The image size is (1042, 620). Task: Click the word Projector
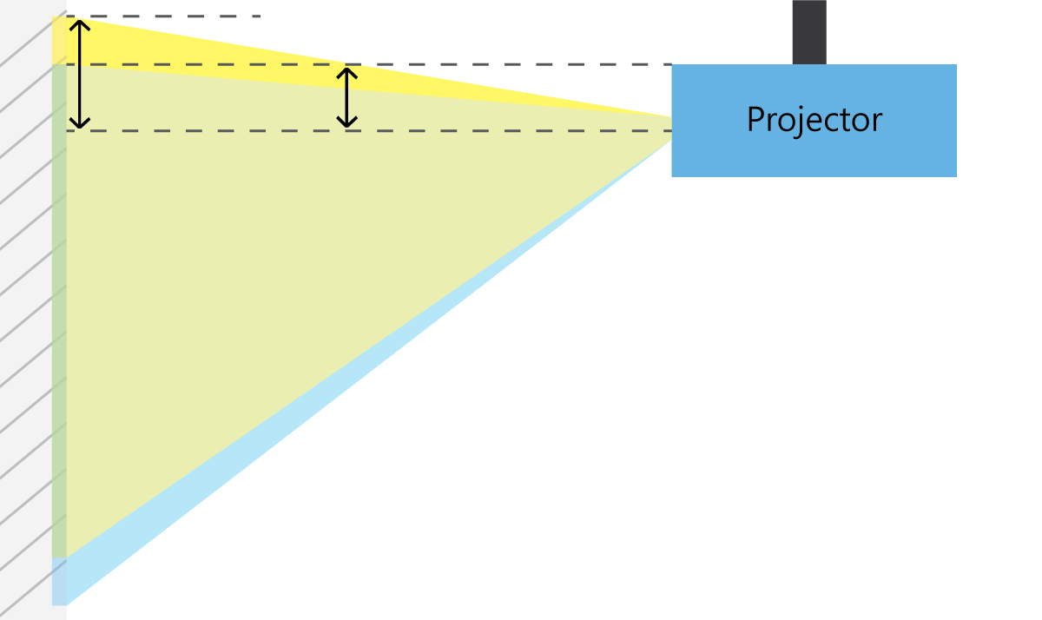click(x=814, y=120)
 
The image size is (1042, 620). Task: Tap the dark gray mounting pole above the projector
click(x=808, y=31)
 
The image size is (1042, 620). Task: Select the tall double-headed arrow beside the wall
click(x=80, y=74)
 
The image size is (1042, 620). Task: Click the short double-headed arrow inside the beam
click(x=347, y=97)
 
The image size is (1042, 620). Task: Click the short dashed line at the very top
click(x=174, y=16)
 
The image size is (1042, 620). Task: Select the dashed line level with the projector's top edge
click(x=521, y=64)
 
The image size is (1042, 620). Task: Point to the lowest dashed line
click(x=521, y=131)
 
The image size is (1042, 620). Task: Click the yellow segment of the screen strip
click(x=59, y=40)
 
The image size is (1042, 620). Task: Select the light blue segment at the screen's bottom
click(x=59, y=581)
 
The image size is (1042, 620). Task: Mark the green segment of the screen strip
click(x=59, y=304)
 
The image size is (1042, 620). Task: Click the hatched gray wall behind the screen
click(x=26, y=347)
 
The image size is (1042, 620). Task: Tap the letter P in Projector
click(x=755, y=120)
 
